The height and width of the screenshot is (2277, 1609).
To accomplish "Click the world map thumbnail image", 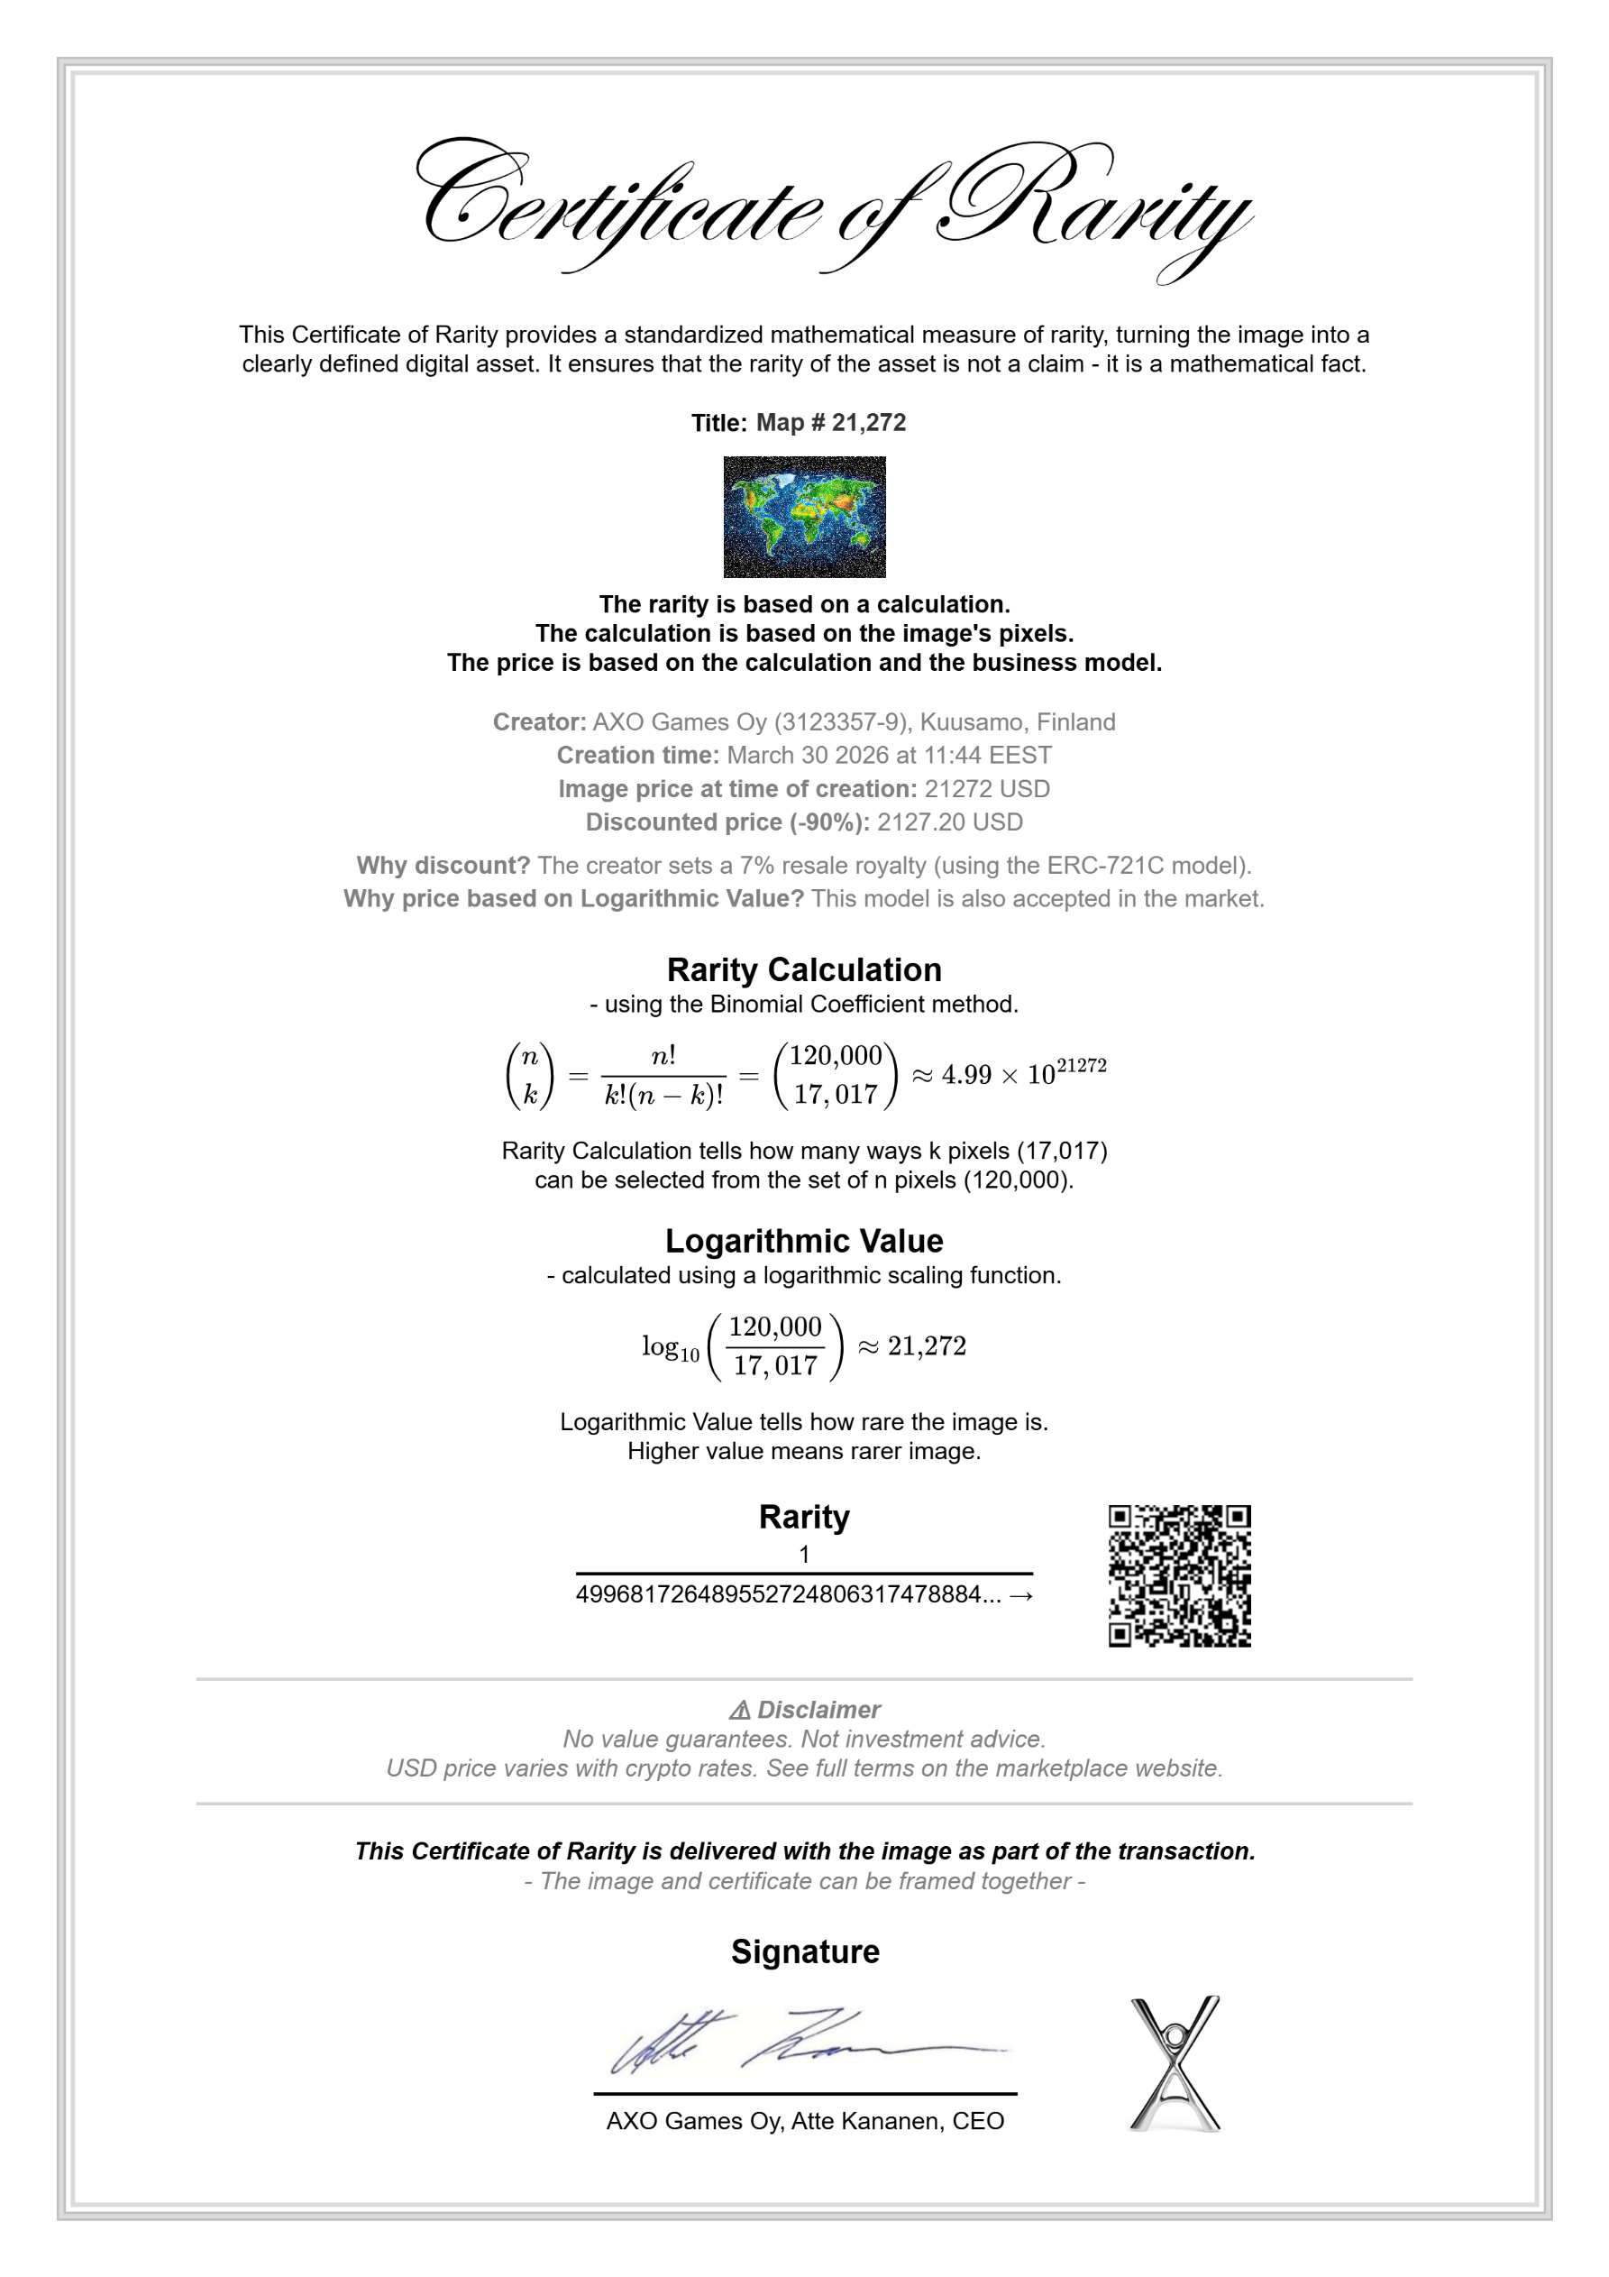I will click(x=804, y=517).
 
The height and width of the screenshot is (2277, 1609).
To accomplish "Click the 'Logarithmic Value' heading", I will click(x=804, y=1241).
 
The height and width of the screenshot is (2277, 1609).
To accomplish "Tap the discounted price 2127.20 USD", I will click(x=950, y=822).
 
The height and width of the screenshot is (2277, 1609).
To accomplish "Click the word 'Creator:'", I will click(x=539, y=722).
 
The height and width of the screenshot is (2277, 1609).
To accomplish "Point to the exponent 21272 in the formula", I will click(x=1082, y=1066).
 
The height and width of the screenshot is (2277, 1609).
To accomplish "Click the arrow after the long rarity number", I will click(x=1021, y=1595).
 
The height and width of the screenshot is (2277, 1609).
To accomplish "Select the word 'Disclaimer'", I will click(x=818, y=1710).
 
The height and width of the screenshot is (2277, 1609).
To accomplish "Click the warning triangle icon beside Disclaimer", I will click(x=739, y=1711).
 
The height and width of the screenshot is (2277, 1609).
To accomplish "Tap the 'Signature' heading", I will click(x=805, y=1951).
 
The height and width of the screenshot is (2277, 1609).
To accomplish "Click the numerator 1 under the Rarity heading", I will click(x=804, y=1554).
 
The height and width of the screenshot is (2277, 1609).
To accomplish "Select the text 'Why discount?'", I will click(x=443, y=866).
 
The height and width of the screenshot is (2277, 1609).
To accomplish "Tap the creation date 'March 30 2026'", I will click(x=807, y=756).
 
